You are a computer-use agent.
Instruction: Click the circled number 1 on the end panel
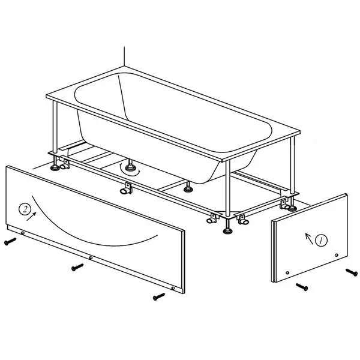tap(321, 241)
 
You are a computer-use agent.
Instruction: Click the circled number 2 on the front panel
tap(25, 209)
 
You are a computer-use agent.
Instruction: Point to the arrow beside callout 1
tap(309, 239)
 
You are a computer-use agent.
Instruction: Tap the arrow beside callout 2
tap(31, 216)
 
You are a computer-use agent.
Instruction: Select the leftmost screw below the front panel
tap(10, 241)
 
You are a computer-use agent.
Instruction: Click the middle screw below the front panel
tap(77, 267)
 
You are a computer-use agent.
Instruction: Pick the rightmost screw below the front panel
tap(159, 296)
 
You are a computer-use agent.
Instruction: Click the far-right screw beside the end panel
tap(352, 272)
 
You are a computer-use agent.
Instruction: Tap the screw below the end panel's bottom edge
tap(302, 287)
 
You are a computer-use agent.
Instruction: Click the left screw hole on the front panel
tap(23, 233)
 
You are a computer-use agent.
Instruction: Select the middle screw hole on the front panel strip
tap(91, 258)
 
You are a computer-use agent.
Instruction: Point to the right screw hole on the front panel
tap(173, 288)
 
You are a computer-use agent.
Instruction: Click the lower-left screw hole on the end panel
tap(287, 273)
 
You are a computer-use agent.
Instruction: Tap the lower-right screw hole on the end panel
tap(337, 255)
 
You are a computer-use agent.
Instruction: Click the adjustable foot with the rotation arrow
tap(130, 166)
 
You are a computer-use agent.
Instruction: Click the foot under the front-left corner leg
tap(55, 164)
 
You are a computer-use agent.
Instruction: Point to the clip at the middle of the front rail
tap(126, 188)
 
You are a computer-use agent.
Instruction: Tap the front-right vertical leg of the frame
tap(227, 189)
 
